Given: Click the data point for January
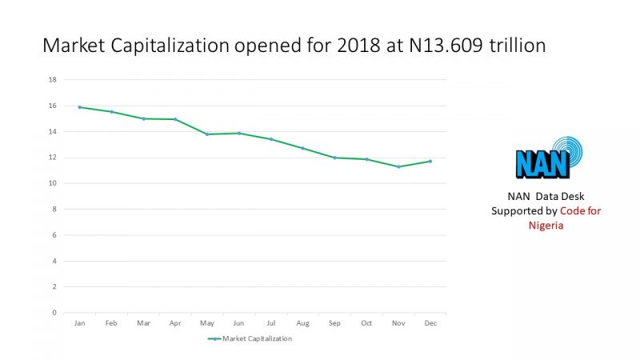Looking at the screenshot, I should (80, 106).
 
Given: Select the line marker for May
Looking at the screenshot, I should (207, 134).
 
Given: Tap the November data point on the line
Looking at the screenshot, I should (398, 166).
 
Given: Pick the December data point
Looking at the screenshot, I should (430, 161).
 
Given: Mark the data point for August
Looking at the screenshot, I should (302, 148).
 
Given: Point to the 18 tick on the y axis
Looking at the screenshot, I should (52, 80).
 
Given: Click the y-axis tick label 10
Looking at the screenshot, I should (52, 183).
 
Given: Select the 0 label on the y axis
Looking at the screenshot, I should (54, 313).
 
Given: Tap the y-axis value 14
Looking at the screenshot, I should (52, 131).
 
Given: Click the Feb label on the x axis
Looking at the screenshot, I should (111, 323).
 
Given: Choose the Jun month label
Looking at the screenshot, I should (238, 323).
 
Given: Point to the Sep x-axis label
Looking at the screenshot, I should (334, 323).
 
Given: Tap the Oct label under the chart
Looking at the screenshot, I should (366, 323).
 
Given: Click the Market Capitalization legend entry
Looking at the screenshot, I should (250, 338).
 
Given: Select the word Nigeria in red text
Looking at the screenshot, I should (546, 225).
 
